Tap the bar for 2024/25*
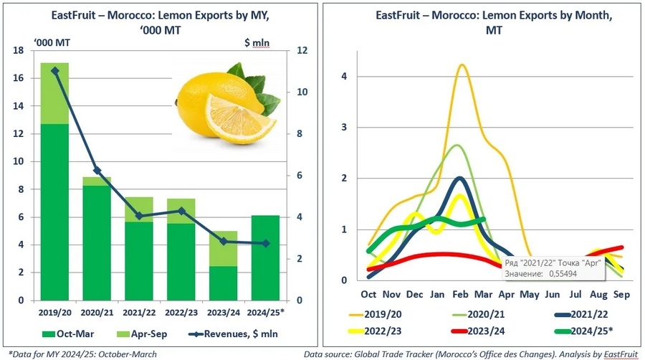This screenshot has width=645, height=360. [264, 257]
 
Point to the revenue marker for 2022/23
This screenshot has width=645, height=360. [181, 211]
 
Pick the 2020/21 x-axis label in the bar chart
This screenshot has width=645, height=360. [96, 313]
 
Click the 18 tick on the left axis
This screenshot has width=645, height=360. [19, 50]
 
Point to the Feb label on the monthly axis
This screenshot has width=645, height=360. [459, 294]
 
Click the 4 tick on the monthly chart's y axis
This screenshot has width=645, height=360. [344, 76]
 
